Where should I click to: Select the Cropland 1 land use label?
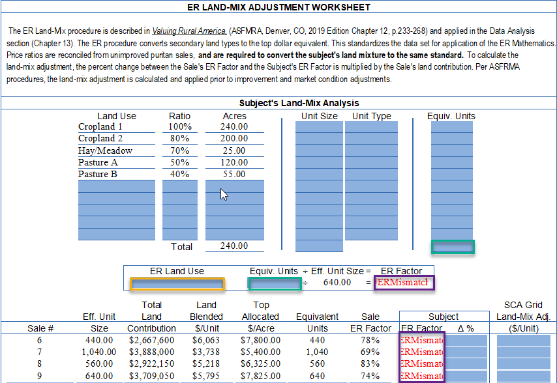(x=100, y=126)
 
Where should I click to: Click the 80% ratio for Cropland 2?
(x=179, y=138)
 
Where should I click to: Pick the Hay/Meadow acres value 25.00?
(x=235, y=150)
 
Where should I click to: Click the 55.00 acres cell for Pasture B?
(x=235, y=174)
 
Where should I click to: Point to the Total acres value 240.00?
(x=235, y=246)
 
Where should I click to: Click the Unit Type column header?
(x=371, y=116)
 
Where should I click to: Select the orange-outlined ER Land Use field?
(x=177, y=283)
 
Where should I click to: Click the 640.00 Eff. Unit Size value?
(x=337, y=283)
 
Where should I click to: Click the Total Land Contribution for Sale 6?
(x=151, y=340)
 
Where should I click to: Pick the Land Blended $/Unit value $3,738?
(x=206, y=352)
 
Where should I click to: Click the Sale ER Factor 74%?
(x=370, y=376)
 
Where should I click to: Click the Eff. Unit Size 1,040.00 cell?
(x=98, y=352)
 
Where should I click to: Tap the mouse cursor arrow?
(x=223, y=194)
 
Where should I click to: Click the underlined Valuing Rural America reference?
(x=189, y=31)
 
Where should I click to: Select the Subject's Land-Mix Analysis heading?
(x=299, y=103)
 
